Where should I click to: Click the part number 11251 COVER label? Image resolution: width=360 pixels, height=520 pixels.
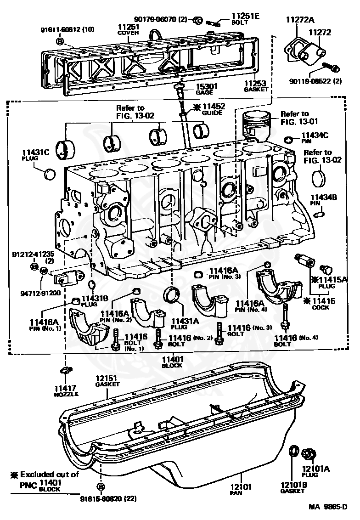point(128,29)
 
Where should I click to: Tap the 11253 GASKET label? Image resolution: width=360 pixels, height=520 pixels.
point(256,86)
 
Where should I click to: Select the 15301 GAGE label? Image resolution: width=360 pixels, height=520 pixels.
point(206,89)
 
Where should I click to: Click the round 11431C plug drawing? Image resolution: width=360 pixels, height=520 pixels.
point(50,174)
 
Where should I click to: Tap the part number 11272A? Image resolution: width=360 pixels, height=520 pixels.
point(300,20)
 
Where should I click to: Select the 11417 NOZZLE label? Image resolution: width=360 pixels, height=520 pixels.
point(66,391)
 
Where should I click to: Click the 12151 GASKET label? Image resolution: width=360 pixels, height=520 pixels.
point(107,381)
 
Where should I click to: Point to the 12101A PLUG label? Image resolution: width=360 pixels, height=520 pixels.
point(316,471)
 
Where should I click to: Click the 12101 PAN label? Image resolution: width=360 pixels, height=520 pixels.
point(241,490)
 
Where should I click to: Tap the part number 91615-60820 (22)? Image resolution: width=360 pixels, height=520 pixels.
point(108,498)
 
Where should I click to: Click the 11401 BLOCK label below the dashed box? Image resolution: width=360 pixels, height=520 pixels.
point(172,362)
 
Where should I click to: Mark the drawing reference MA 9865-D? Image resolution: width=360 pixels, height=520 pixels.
point(328,507)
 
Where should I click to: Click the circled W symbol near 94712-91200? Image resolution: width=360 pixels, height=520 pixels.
point(44,271)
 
